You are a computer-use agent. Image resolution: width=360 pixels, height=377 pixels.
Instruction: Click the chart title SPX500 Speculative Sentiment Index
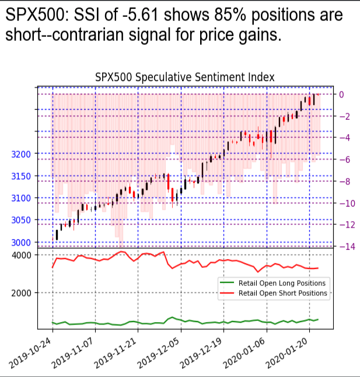[x=184, y=77]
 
